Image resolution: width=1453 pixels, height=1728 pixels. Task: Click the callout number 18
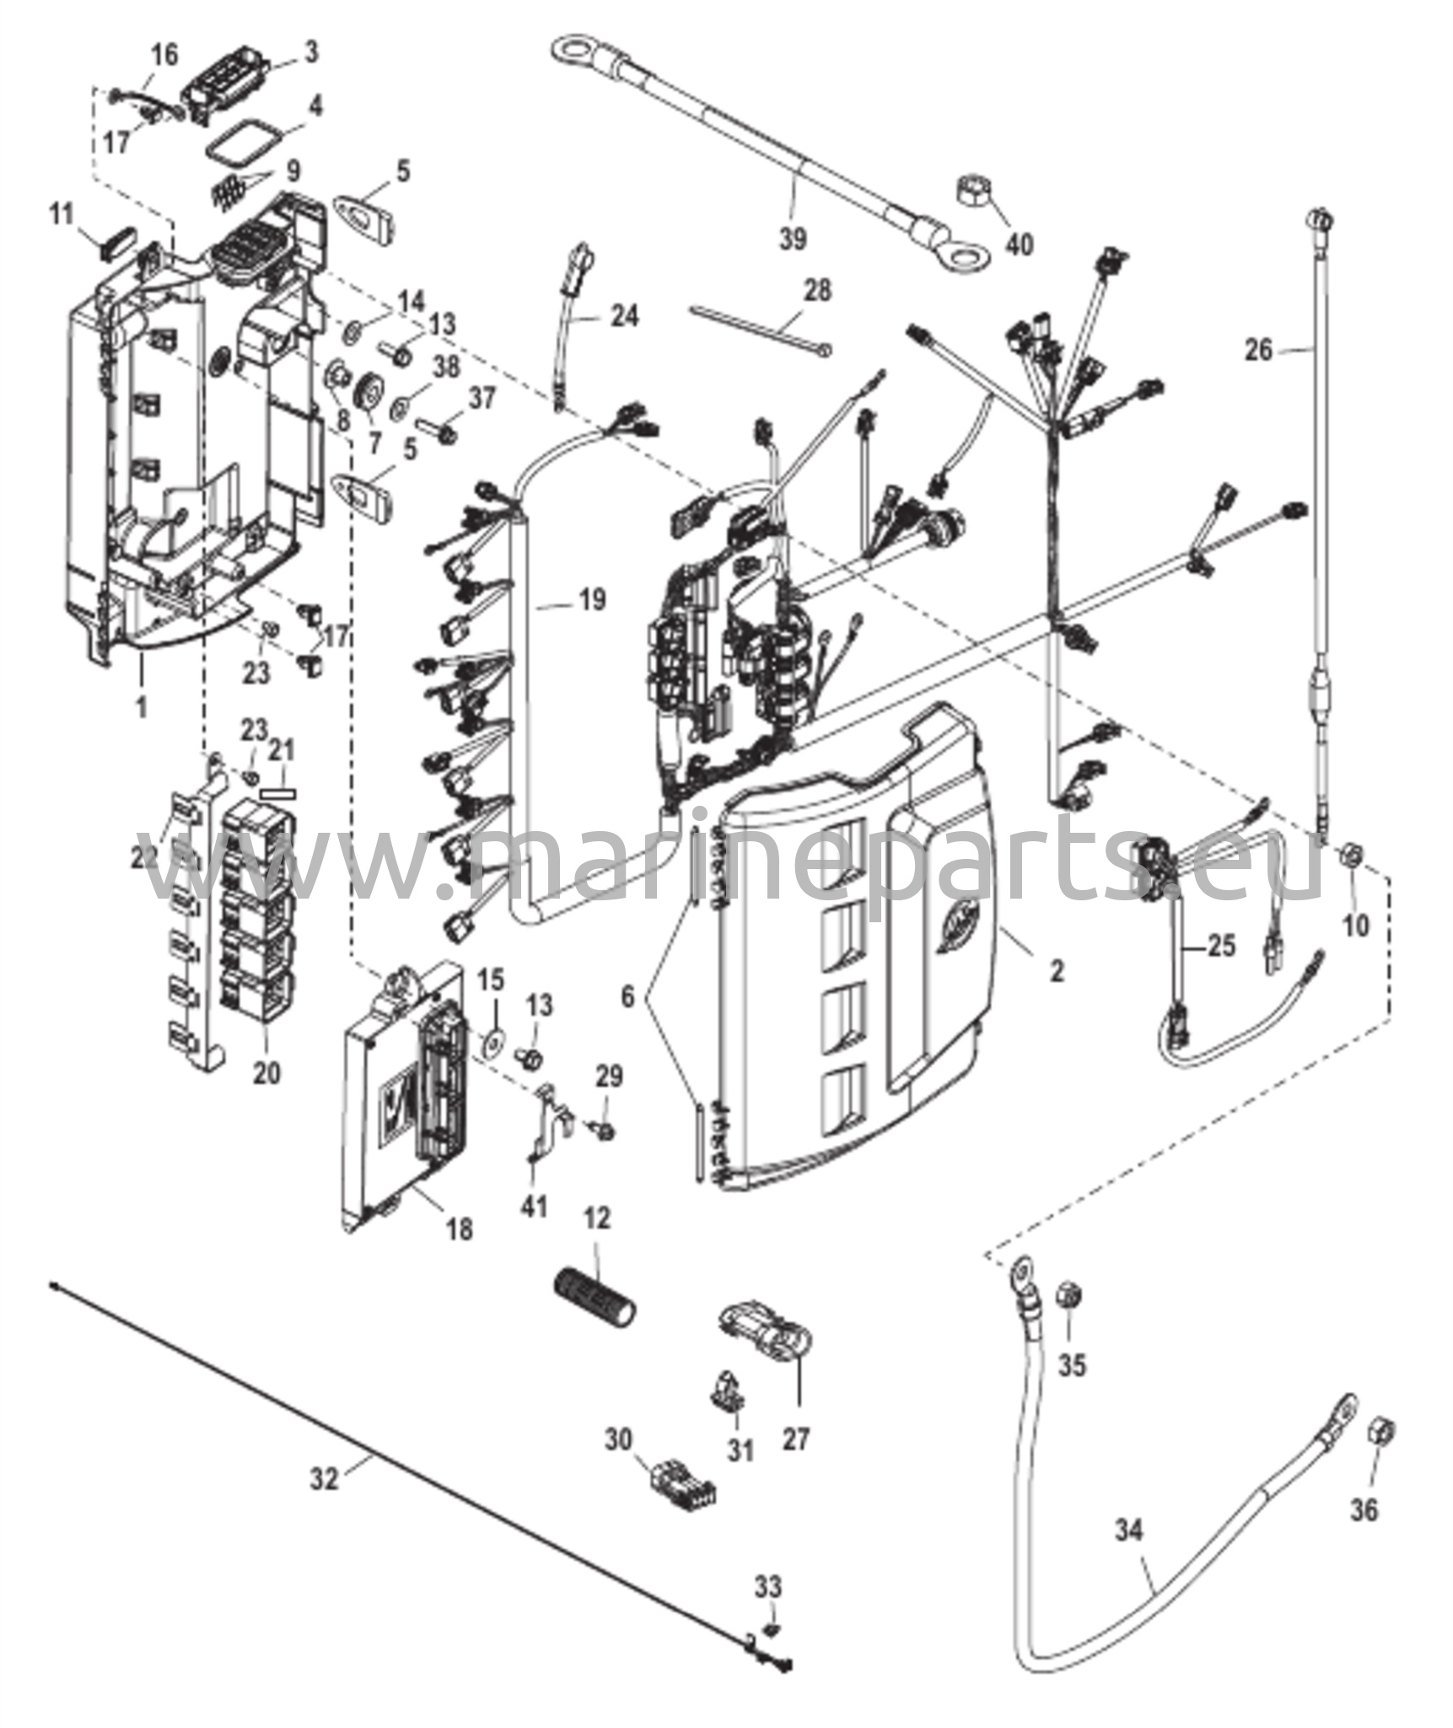pos(460,1229)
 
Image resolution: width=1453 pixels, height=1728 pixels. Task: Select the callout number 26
pos(1258,349)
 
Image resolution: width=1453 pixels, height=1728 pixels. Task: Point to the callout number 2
pos(1056,971)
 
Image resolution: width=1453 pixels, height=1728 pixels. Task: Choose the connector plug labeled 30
pos(683,1493)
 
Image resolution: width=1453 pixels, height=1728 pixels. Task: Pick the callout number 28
pos(816,291)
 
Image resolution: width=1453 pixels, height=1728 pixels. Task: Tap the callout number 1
pos(142,706)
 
